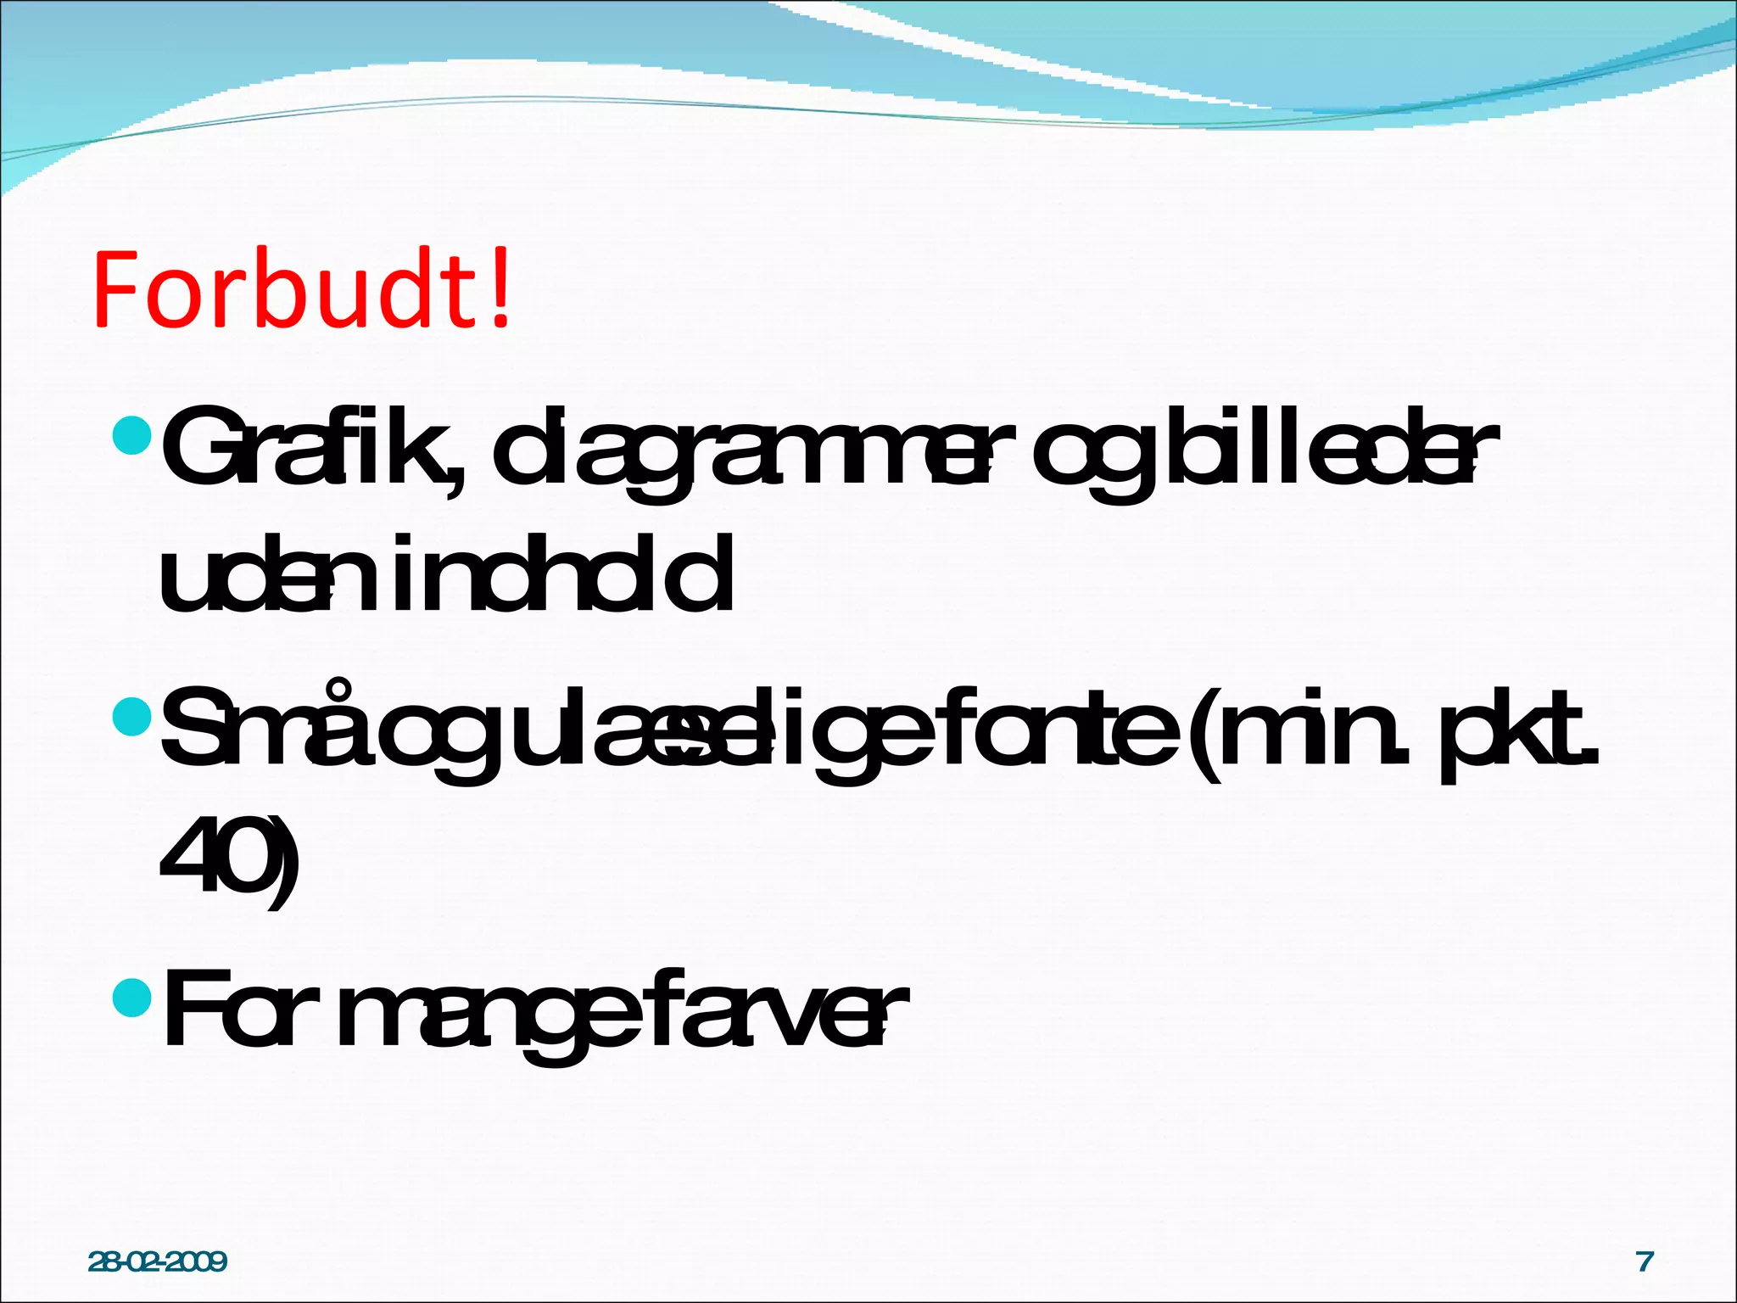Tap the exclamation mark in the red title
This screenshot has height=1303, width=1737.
pyautogui.click(x=500, y=288)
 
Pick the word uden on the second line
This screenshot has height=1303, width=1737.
pyautogui.click(x=246, y=577)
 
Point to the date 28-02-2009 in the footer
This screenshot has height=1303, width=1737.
pyautogui.click(x=158, y=1261)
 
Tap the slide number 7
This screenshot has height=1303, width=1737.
pyautogui.click(x=1645, y=1261)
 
